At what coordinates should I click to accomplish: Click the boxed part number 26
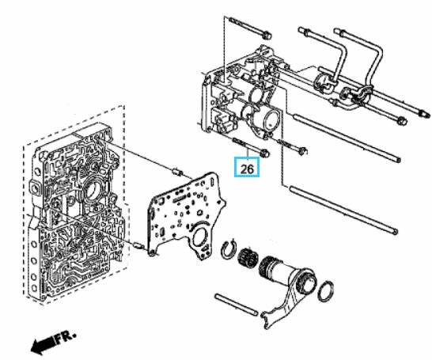[247, 168]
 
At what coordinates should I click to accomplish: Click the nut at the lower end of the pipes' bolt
[403, 119]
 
